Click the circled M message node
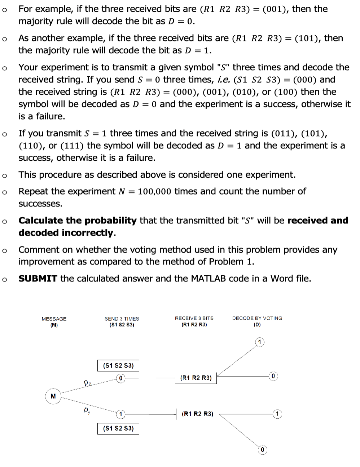pyautogui.click(x=53, y=396)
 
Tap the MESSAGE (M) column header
pyautogui.click(x=54, y=321)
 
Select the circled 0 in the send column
pyautogui.click(x=121, y=378)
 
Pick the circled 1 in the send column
pyautogui.click(x=121, y=414)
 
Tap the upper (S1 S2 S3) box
pyautogui.click(x=118, y=365)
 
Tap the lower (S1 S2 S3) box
pyautogui.click(x=118, y=428)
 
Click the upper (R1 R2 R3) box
pyautogui.click(x=196, y=378)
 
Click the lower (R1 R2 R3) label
pyautogui.click(x=197, y=414)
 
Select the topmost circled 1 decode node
pyautogui.click(x=259, y=342)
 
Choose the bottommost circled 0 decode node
pyautogui.click(x=262, y=450)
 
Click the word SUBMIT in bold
pyautogui.click(x=38, y=279)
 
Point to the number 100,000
pyautogui.click(x=155, y=191)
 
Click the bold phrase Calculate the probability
pyautogui.click(x=78, y=221)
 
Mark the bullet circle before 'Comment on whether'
pyautogui.click(x=4, y=250)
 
